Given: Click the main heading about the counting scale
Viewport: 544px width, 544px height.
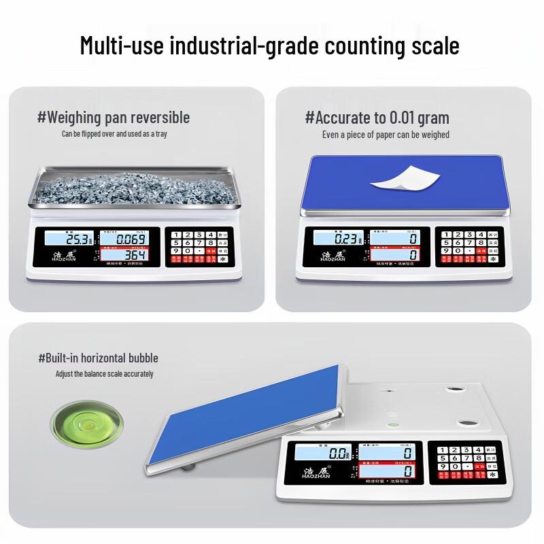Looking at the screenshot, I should (x=270, y=46).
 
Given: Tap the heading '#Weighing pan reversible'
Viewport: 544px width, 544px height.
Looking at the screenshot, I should (x=114, y=117).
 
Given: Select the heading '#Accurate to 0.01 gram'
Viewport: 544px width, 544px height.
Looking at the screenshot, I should (x=377, y=117).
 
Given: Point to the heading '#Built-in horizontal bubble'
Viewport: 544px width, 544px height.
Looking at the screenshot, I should (x=99, y=358).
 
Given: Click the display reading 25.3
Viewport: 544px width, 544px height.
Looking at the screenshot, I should (x=71, y=239).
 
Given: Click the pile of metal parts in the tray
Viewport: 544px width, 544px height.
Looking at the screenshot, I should (x=136, y=187).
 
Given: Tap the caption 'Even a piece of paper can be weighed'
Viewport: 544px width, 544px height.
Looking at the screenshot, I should (x=386, y=135).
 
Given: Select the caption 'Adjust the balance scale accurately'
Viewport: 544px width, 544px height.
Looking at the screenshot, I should (x=105, y=374).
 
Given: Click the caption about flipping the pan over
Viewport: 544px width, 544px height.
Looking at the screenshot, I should (x=114, y=134).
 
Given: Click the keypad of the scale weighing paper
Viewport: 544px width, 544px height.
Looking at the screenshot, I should (x=470, y=246).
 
